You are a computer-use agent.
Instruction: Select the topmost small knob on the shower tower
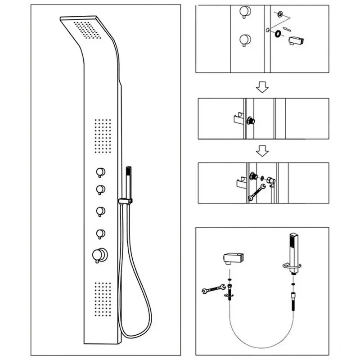click(100, 172)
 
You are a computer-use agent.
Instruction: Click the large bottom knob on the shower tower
click(99, 255)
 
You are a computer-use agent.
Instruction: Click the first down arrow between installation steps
click(262, 87)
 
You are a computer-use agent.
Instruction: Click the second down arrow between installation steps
click(262, 151)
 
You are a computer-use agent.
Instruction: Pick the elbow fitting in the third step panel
click(271, 181)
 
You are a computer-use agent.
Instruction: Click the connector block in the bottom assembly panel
click(233, 258)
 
